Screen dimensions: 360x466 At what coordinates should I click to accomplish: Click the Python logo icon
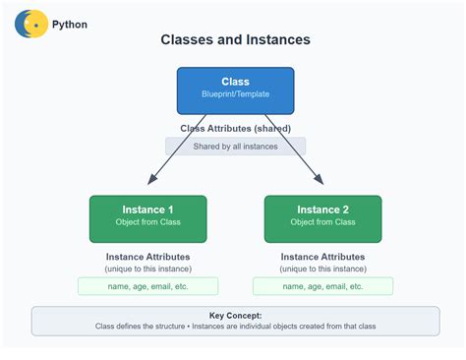coord(31,23)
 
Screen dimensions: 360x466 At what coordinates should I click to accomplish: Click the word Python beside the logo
coord(70,24)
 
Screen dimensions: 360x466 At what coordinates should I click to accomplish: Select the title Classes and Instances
coord(235,40)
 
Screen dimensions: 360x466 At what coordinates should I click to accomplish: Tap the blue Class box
coord(235,89)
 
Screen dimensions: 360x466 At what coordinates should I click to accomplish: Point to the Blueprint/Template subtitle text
coord(235,95)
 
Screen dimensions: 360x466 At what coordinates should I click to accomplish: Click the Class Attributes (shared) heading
coord(235,128)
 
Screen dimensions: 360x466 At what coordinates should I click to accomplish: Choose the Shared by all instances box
coord(235,146)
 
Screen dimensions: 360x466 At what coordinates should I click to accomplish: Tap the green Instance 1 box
coord(147,218)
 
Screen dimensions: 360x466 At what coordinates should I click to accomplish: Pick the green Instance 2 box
coord(322,218)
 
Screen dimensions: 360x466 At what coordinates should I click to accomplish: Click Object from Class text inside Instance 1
coord(147,223)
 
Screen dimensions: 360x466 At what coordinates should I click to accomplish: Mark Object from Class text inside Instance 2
coord(322,223)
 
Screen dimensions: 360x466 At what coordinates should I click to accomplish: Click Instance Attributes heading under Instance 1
coord(147,257)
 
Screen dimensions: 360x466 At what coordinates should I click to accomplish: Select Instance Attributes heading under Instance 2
coord(322,257)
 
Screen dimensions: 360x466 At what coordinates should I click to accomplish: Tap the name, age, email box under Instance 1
coord(147,286)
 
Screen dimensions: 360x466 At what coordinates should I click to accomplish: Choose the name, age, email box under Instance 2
coord(322,286)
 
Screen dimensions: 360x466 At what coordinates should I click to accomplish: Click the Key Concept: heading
coord(235,316)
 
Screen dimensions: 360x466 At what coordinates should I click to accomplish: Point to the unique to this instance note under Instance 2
coord(322,269)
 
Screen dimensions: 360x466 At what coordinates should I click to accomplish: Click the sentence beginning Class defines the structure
coord(235,327)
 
